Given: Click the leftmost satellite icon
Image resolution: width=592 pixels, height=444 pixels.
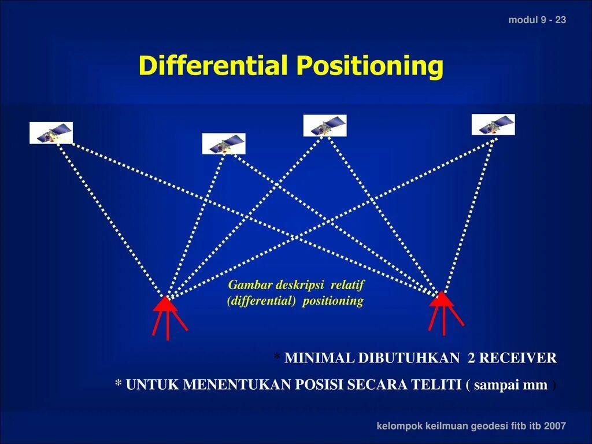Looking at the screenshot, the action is tap(51, 133).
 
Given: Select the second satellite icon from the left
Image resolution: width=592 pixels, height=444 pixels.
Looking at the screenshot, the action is tap(224, 143).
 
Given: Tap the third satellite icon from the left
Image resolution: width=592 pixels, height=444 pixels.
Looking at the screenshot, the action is tap(325, 125).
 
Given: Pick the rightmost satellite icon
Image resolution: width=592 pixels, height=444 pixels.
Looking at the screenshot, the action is tap(493, 124).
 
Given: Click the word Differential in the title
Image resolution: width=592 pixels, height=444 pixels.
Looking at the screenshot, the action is tap(213, 66).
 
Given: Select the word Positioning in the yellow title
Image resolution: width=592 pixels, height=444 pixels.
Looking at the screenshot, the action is tap(370, 66).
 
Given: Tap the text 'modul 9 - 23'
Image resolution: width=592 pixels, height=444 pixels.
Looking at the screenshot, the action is tap(537, 20).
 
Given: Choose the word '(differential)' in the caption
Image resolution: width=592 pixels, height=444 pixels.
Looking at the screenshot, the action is tap(262, 301).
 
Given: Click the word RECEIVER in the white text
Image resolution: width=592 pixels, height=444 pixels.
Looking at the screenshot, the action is tap(517, 358).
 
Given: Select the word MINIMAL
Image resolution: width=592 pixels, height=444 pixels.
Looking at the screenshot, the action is tap(319, 358).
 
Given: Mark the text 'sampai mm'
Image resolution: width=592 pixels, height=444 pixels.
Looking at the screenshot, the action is tap(510, 385).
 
